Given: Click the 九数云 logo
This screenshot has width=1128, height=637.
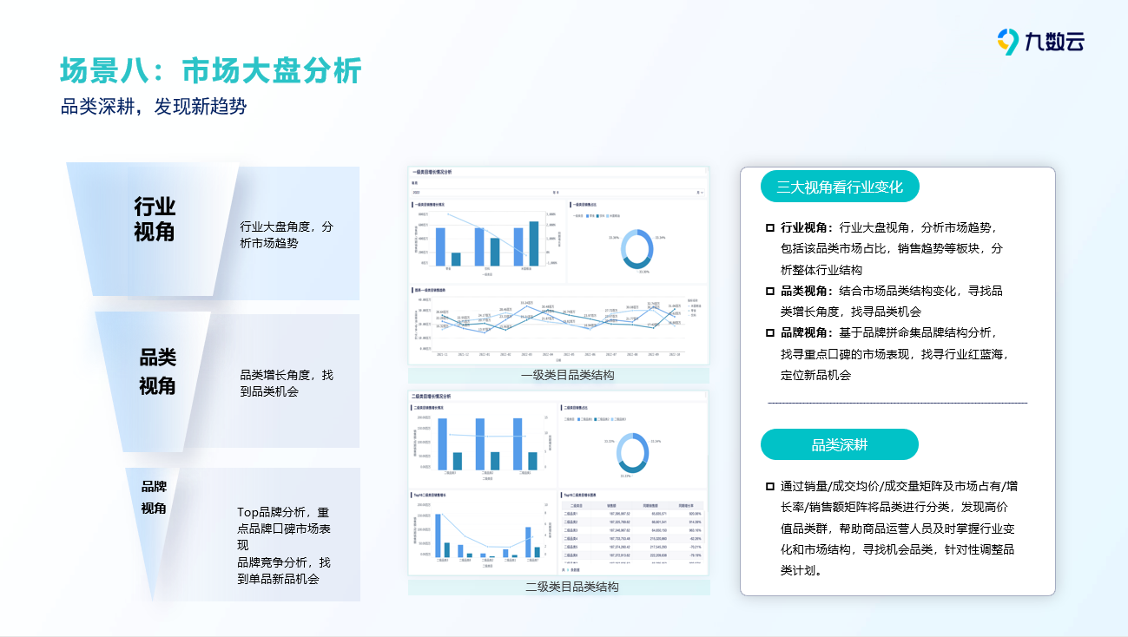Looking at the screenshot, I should pyautogui.click(x=1040, y=41).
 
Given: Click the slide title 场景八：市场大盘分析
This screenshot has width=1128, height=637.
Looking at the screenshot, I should pyautogui.click(x=210, y=70).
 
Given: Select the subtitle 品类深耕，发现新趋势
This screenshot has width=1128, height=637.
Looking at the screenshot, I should pyautogui.click(x=154, y=107).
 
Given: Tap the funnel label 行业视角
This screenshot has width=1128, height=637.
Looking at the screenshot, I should pyautogui.click(x=155, y=219).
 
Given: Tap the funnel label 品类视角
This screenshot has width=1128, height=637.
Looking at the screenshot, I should pyautogui.click(x=157, y=371).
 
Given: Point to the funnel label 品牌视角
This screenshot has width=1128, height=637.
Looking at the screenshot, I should pyautogui.click(x=154, y=497).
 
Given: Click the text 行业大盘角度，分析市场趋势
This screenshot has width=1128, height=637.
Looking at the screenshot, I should pyautogui.click(x=286, y=235).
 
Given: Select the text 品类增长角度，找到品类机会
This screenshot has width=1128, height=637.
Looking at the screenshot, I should pyautogui.click(x=286, y=383).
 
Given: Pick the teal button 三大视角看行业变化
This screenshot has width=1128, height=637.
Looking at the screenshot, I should pyautogui.click(x=839, y=187).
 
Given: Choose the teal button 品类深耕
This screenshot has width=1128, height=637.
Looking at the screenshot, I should pyautogui.click(x=839, y=444).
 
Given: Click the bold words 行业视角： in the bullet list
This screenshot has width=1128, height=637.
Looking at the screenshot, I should pyautogui.click(x=807, y=227).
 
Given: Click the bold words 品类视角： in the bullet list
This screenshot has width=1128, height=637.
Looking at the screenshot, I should pyautogui.click(x=807, y=291).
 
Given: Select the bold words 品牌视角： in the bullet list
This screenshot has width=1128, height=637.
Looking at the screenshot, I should pyautogui.click(x=807, y=332).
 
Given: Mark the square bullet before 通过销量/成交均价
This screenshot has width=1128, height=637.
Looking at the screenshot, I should pyautogui.click(x=769, y=486).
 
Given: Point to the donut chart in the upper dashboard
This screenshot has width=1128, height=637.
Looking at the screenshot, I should pyautogui.click(x=637, y=249).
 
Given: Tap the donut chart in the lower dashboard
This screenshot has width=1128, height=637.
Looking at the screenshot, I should pyautogui.click(x=631, y=452).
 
